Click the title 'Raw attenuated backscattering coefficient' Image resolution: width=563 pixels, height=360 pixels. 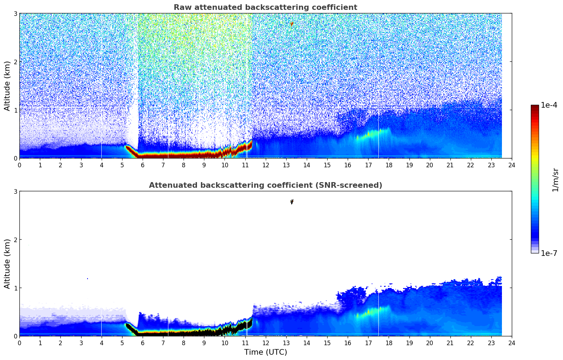265,7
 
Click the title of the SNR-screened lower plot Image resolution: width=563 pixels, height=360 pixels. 265,185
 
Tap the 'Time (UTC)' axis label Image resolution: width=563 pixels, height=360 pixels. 265,352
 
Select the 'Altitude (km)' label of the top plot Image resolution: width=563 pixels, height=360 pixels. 7,86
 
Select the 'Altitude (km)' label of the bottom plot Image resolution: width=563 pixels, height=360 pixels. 7,264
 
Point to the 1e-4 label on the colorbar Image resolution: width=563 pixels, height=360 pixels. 549,105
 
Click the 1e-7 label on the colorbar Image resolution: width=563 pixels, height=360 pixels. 549,253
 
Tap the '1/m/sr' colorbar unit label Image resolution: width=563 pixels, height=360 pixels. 555,180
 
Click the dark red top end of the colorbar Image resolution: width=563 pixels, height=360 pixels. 535,107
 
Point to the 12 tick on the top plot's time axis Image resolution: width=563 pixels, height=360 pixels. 266,165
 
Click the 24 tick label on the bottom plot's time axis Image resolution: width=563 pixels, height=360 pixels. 512,343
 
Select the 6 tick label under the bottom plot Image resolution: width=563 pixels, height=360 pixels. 143,343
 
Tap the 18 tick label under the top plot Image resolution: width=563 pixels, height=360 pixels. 389,165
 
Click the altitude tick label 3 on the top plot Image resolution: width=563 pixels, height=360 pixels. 15,13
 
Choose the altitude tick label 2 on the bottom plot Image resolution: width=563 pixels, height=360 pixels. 15,240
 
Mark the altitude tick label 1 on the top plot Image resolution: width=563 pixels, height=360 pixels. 15,110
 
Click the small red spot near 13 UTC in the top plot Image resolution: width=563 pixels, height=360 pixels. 292,24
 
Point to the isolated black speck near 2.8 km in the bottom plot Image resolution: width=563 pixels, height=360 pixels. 292,202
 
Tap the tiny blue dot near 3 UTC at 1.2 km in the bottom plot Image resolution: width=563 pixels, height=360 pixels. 88,278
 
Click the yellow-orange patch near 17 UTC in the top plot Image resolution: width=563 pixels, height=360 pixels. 369,134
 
